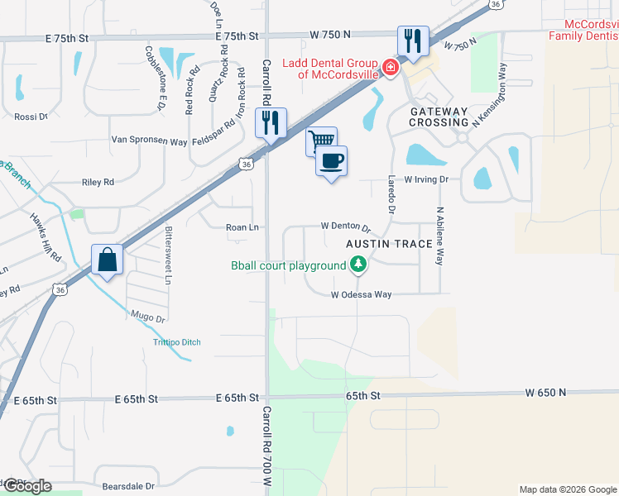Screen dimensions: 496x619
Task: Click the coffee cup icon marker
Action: pos(332,160)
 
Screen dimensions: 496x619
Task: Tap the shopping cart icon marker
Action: pos(321,140)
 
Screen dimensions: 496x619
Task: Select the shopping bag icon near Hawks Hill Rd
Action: pos(108,260)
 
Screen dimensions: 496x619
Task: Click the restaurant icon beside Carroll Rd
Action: pos(271,123)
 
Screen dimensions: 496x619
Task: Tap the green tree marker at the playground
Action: pos(357,265)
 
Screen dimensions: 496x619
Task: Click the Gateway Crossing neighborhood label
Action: pos(439,117)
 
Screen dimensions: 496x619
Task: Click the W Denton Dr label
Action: pos(345,227)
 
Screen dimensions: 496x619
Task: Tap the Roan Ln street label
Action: pos(242,227)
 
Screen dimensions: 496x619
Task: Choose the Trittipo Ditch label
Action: pos(176,342)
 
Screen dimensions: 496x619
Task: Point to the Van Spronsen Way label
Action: pos(150,141)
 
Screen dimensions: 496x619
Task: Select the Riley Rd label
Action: pos(98,182)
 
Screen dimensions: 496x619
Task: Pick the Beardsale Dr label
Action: pos(128,487)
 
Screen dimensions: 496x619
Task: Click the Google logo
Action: pos(26,486)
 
